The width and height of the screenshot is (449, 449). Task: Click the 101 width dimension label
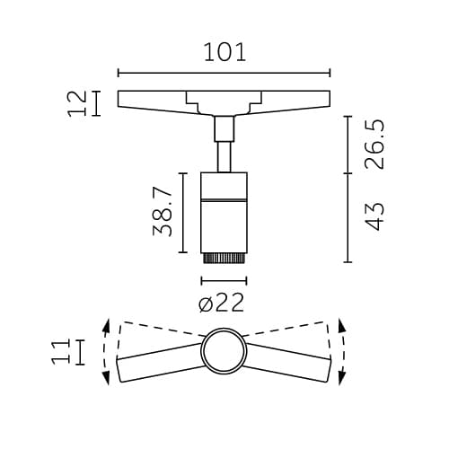point(224,51)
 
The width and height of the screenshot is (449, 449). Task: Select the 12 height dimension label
point(78,103)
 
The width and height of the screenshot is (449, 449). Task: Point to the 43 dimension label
point(374,216)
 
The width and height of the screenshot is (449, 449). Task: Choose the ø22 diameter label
point(221,304)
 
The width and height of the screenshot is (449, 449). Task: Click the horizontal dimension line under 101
point(224,74)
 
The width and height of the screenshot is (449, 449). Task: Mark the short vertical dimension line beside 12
point(95,103)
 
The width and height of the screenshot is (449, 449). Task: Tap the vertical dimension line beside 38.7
point(183,213)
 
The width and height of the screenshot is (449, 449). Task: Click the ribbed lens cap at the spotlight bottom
point(224,259)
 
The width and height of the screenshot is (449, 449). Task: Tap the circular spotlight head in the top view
point(224,351)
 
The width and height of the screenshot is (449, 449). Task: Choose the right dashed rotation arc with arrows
point(342,351)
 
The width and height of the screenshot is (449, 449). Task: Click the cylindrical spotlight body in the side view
point(224,211)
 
